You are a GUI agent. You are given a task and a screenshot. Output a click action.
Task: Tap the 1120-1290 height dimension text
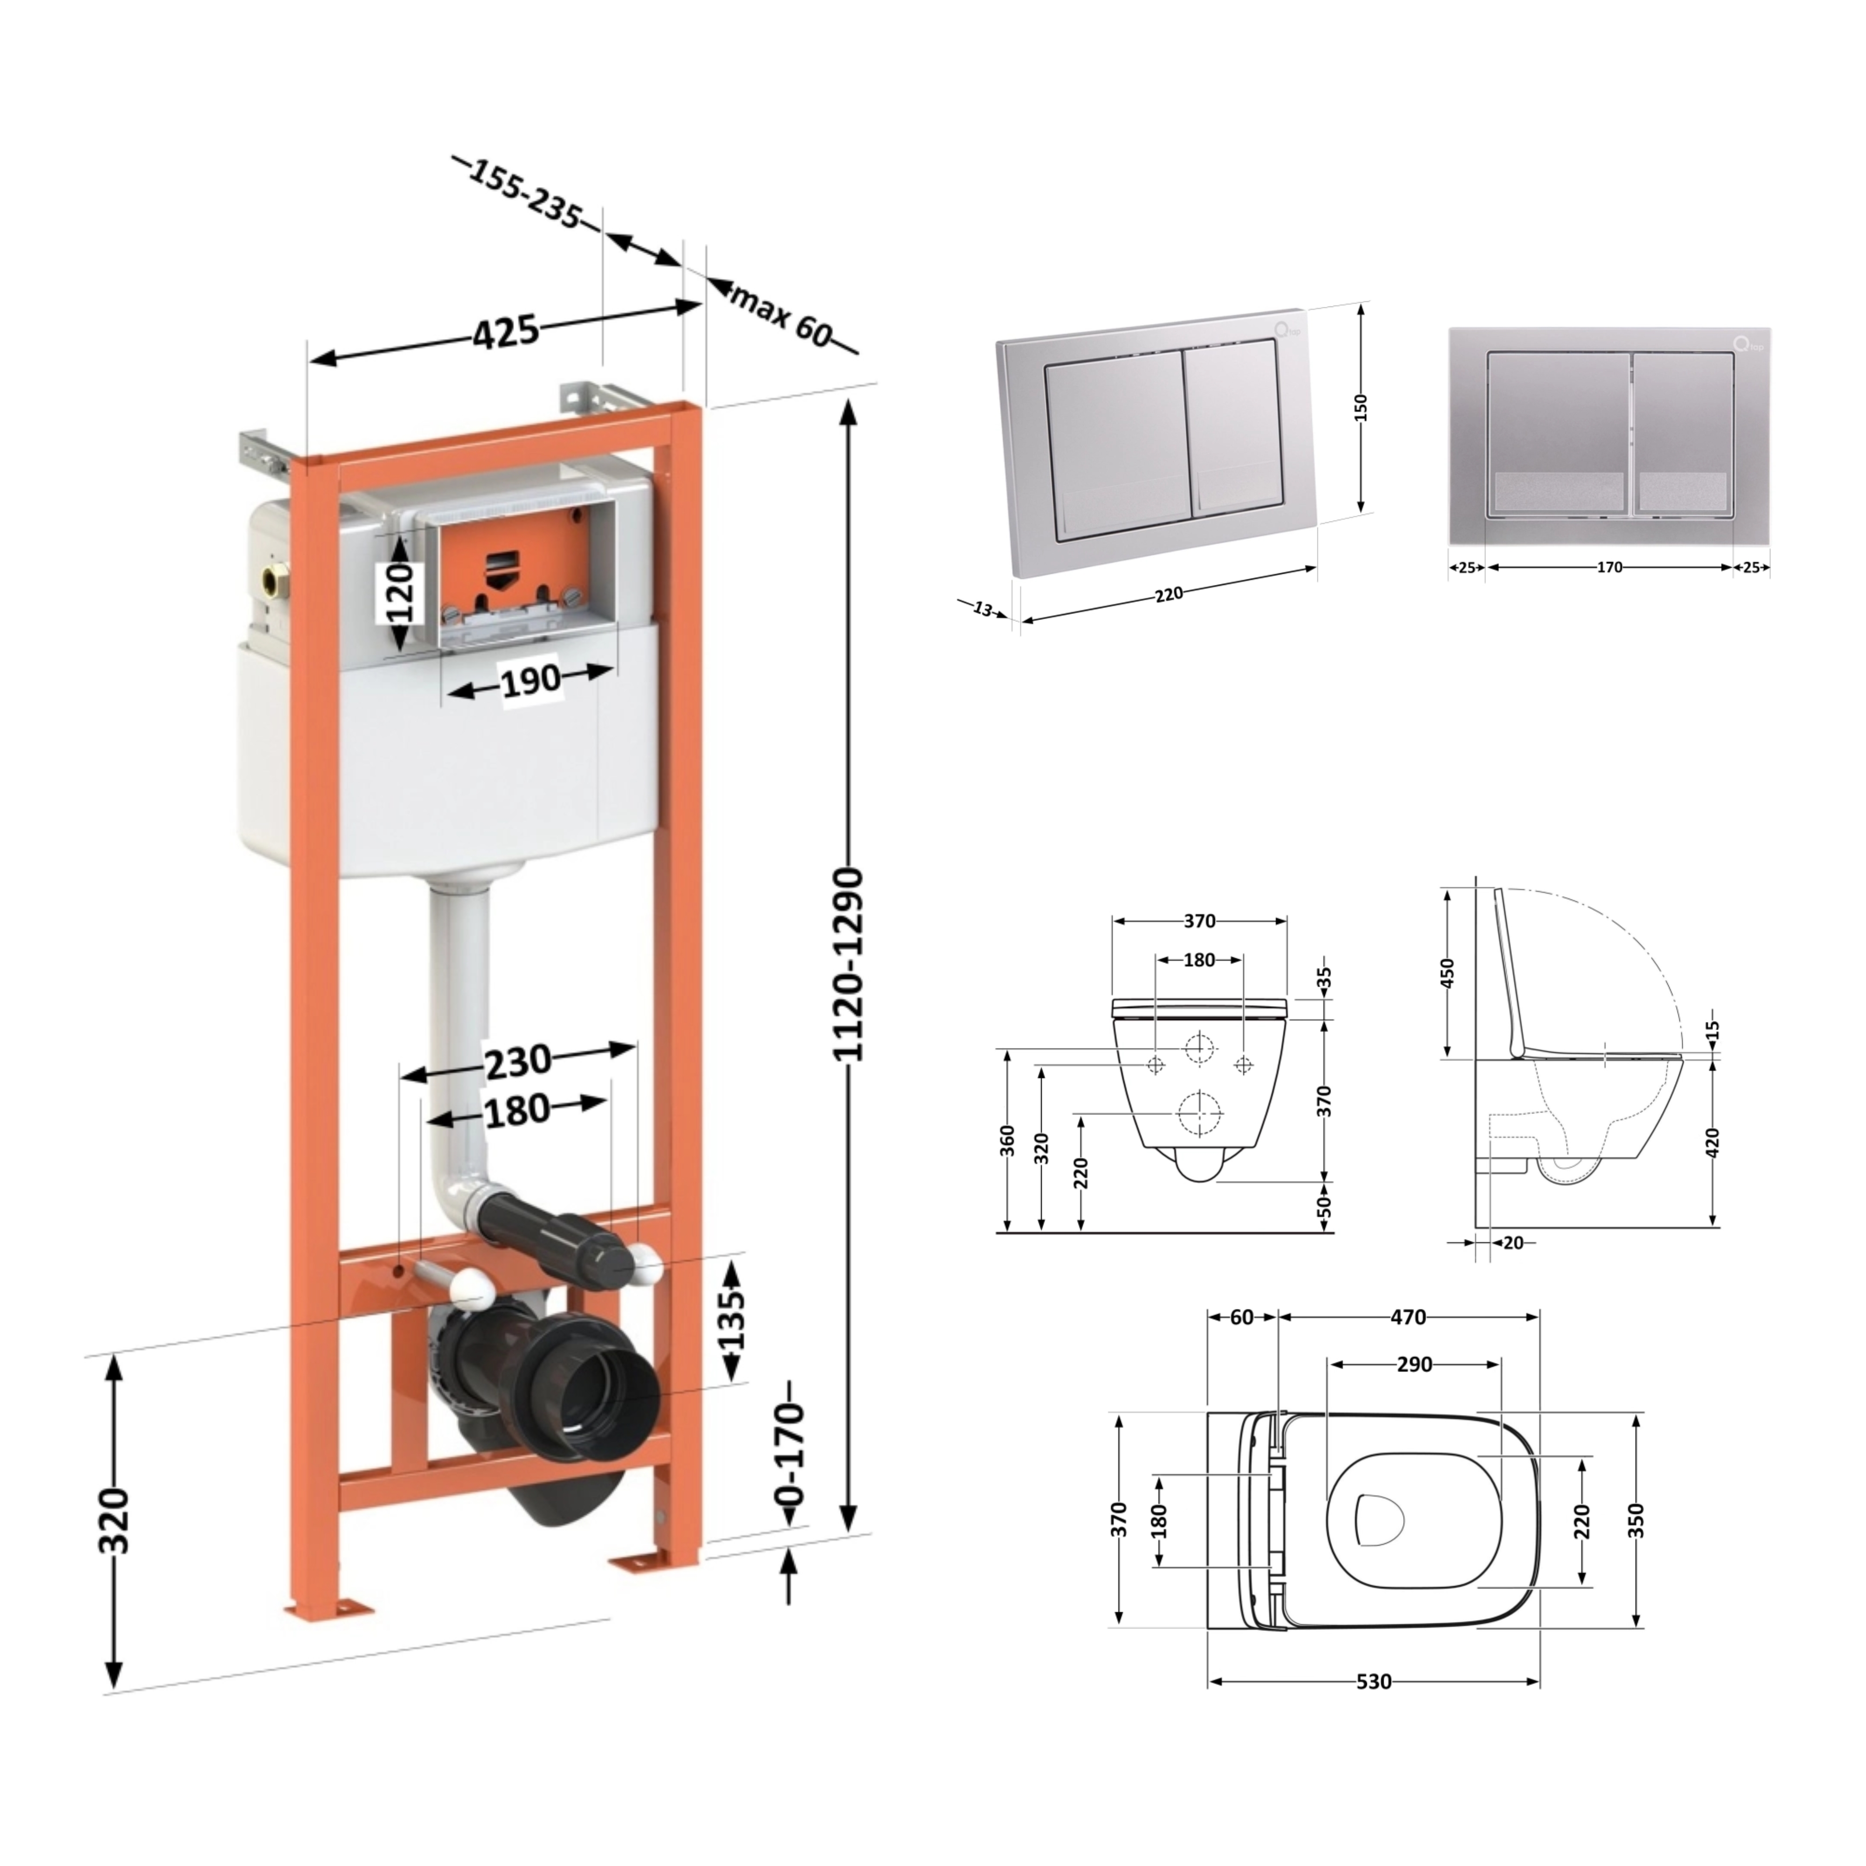(x=848, y=966)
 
